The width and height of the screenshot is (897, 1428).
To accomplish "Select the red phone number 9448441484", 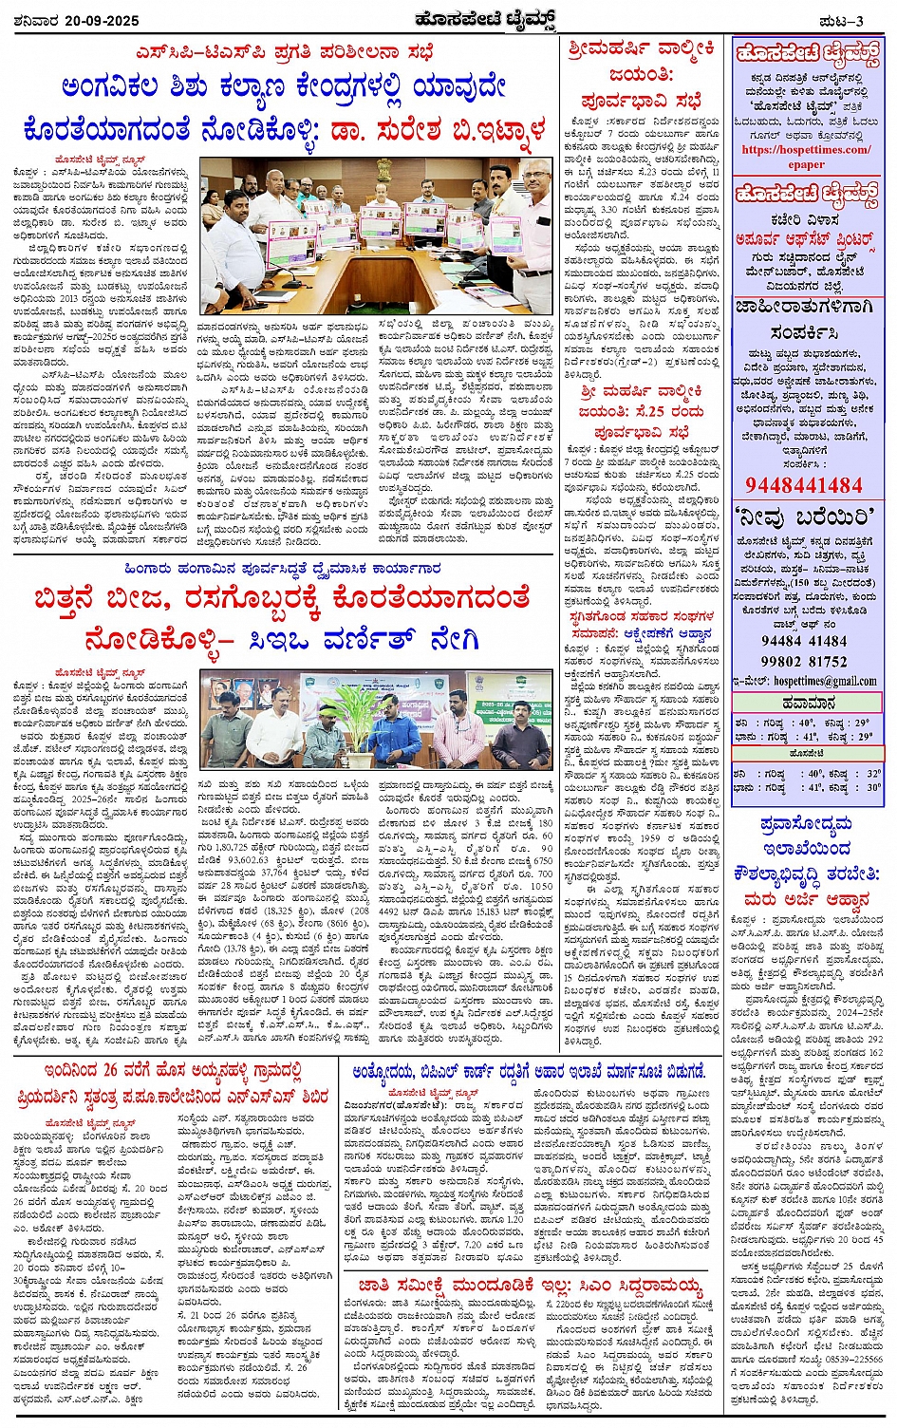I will (x=804, y=485).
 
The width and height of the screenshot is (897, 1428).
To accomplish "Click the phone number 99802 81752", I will (x=804, y=661).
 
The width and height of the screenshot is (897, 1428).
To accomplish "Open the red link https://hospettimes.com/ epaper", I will (x=805, y=156).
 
